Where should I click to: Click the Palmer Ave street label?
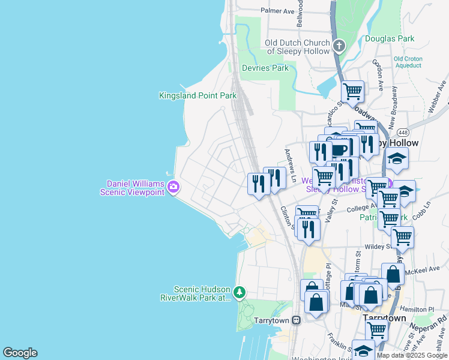point(277,11)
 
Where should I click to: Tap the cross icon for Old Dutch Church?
point(339,46)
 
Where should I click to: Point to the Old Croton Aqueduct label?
point(408,62)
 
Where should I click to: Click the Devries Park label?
point(265,68)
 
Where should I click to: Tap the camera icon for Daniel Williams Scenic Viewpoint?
point(173,187)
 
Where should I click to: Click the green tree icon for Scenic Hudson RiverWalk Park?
point(240,292)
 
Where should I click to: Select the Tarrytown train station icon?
point(297,320)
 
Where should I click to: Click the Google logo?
point(20,353)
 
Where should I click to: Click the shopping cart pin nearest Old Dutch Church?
point(352,92)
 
